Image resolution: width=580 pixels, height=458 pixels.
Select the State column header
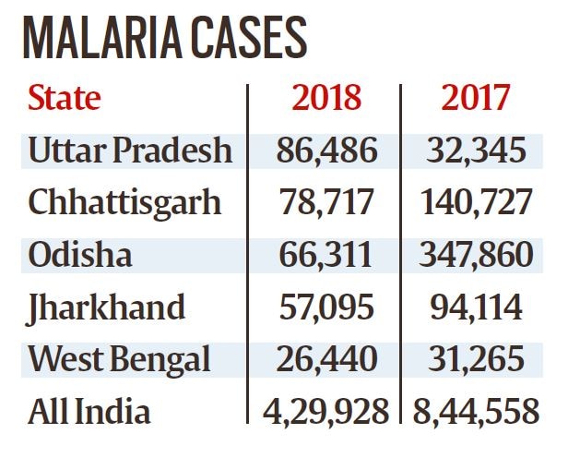pyautogui.click(x=65, y=98)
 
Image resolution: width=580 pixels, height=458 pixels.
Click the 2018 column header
pyautogui.click(x=325, y=98)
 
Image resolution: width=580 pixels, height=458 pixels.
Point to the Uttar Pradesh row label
pyautogui.click(x=130, y=150)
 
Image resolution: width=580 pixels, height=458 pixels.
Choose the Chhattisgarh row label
pyautogui.click(x=125, y=201)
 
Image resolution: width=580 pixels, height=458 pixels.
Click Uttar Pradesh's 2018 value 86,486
pyautogui.click(x=325, y=150)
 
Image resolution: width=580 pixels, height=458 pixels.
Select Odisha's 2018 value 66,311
pyautogui.click(x=325, y=253)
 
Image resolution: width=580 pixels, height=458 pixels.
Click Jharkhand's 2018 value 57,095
pyautogui.click(x=325, y=306)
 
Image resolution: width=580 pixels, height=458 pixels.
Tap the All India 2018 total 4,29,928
pyautogui.click(x=325, y=409)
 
